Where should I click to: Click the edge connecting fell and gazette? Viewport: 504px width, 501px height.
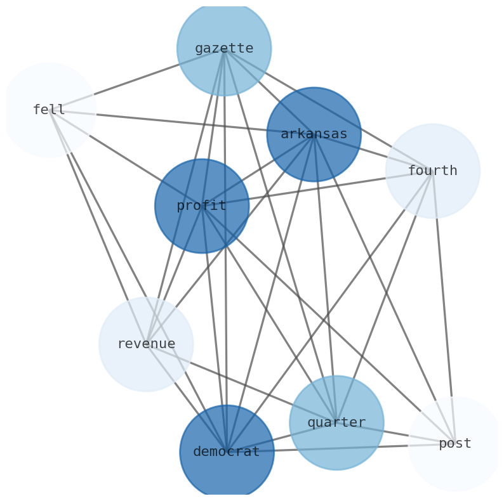136,79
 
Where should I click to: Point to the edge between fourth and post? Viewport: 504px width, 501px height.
444,307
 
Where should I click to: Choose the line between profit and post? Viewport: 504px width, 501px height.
328,325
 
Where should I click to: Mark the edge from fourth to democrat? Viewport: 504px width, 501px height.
329,311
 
